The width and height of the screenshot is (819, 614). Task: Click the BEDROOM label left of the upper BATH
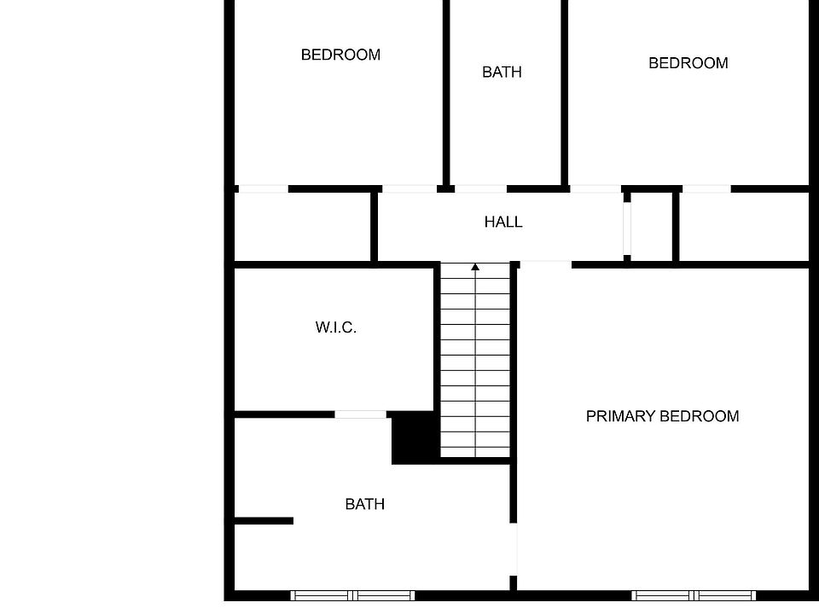tap(340, 55)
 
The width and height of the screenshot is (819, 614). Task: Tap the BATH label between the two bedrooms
tap(502, 72)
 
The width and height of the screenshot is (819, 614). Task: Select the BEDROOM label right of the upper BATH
tap(688, 63)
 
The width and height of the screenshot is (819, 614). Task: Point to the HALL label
tap(503, 222)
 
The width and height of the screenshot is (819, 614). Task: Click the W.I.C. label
tap(335, 327)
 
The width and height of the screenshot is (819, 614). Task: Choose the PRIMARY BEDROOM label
tap(662, 416)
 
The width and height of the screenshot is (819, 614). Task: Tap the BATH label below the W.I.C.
tap(364, 504)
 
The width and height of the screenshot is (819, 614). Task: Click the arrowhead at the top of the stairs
tap(475, 268)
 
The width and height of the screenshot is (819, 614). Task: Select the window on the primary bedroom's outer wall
tap(694, 594)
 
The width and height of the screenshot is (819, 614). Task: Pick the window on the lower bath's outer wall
tap(352, 594)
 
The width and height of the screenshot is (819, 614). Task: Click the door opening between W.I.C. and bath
tap(360, 414)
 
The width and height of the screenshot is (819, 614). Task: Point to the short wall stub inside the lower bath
tap(264, 520)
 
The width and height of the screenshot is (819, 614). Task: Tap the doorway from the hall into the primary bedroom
tap(544, 264)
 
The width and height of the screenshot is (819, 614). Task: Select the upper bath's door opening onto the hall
tap(479, 188)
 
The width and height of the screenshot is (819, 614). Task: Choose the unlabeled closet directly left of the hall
tap(302, 227)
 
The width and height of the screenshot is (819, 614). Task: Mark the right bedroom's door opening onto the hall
tap(595, 188)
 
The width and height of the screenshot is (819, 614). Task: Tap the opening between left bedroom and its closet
tap(263, 188)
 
